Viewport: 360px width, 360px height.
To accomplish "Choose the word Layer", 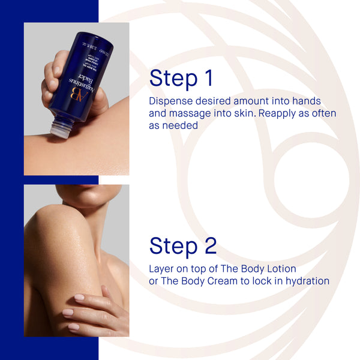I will pyautogui.click(x=163, y=268).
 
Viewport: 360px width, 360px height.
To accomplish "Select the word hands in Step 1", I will pyautogui.click(x=305, y=101).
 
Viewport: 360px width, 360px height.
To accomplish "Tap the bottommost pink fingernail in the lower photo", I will pyautogui.click(x=74, y=327).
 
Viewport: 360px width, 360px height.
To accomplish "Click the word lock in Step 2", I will pyautogui.click(x=263, y=281).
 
